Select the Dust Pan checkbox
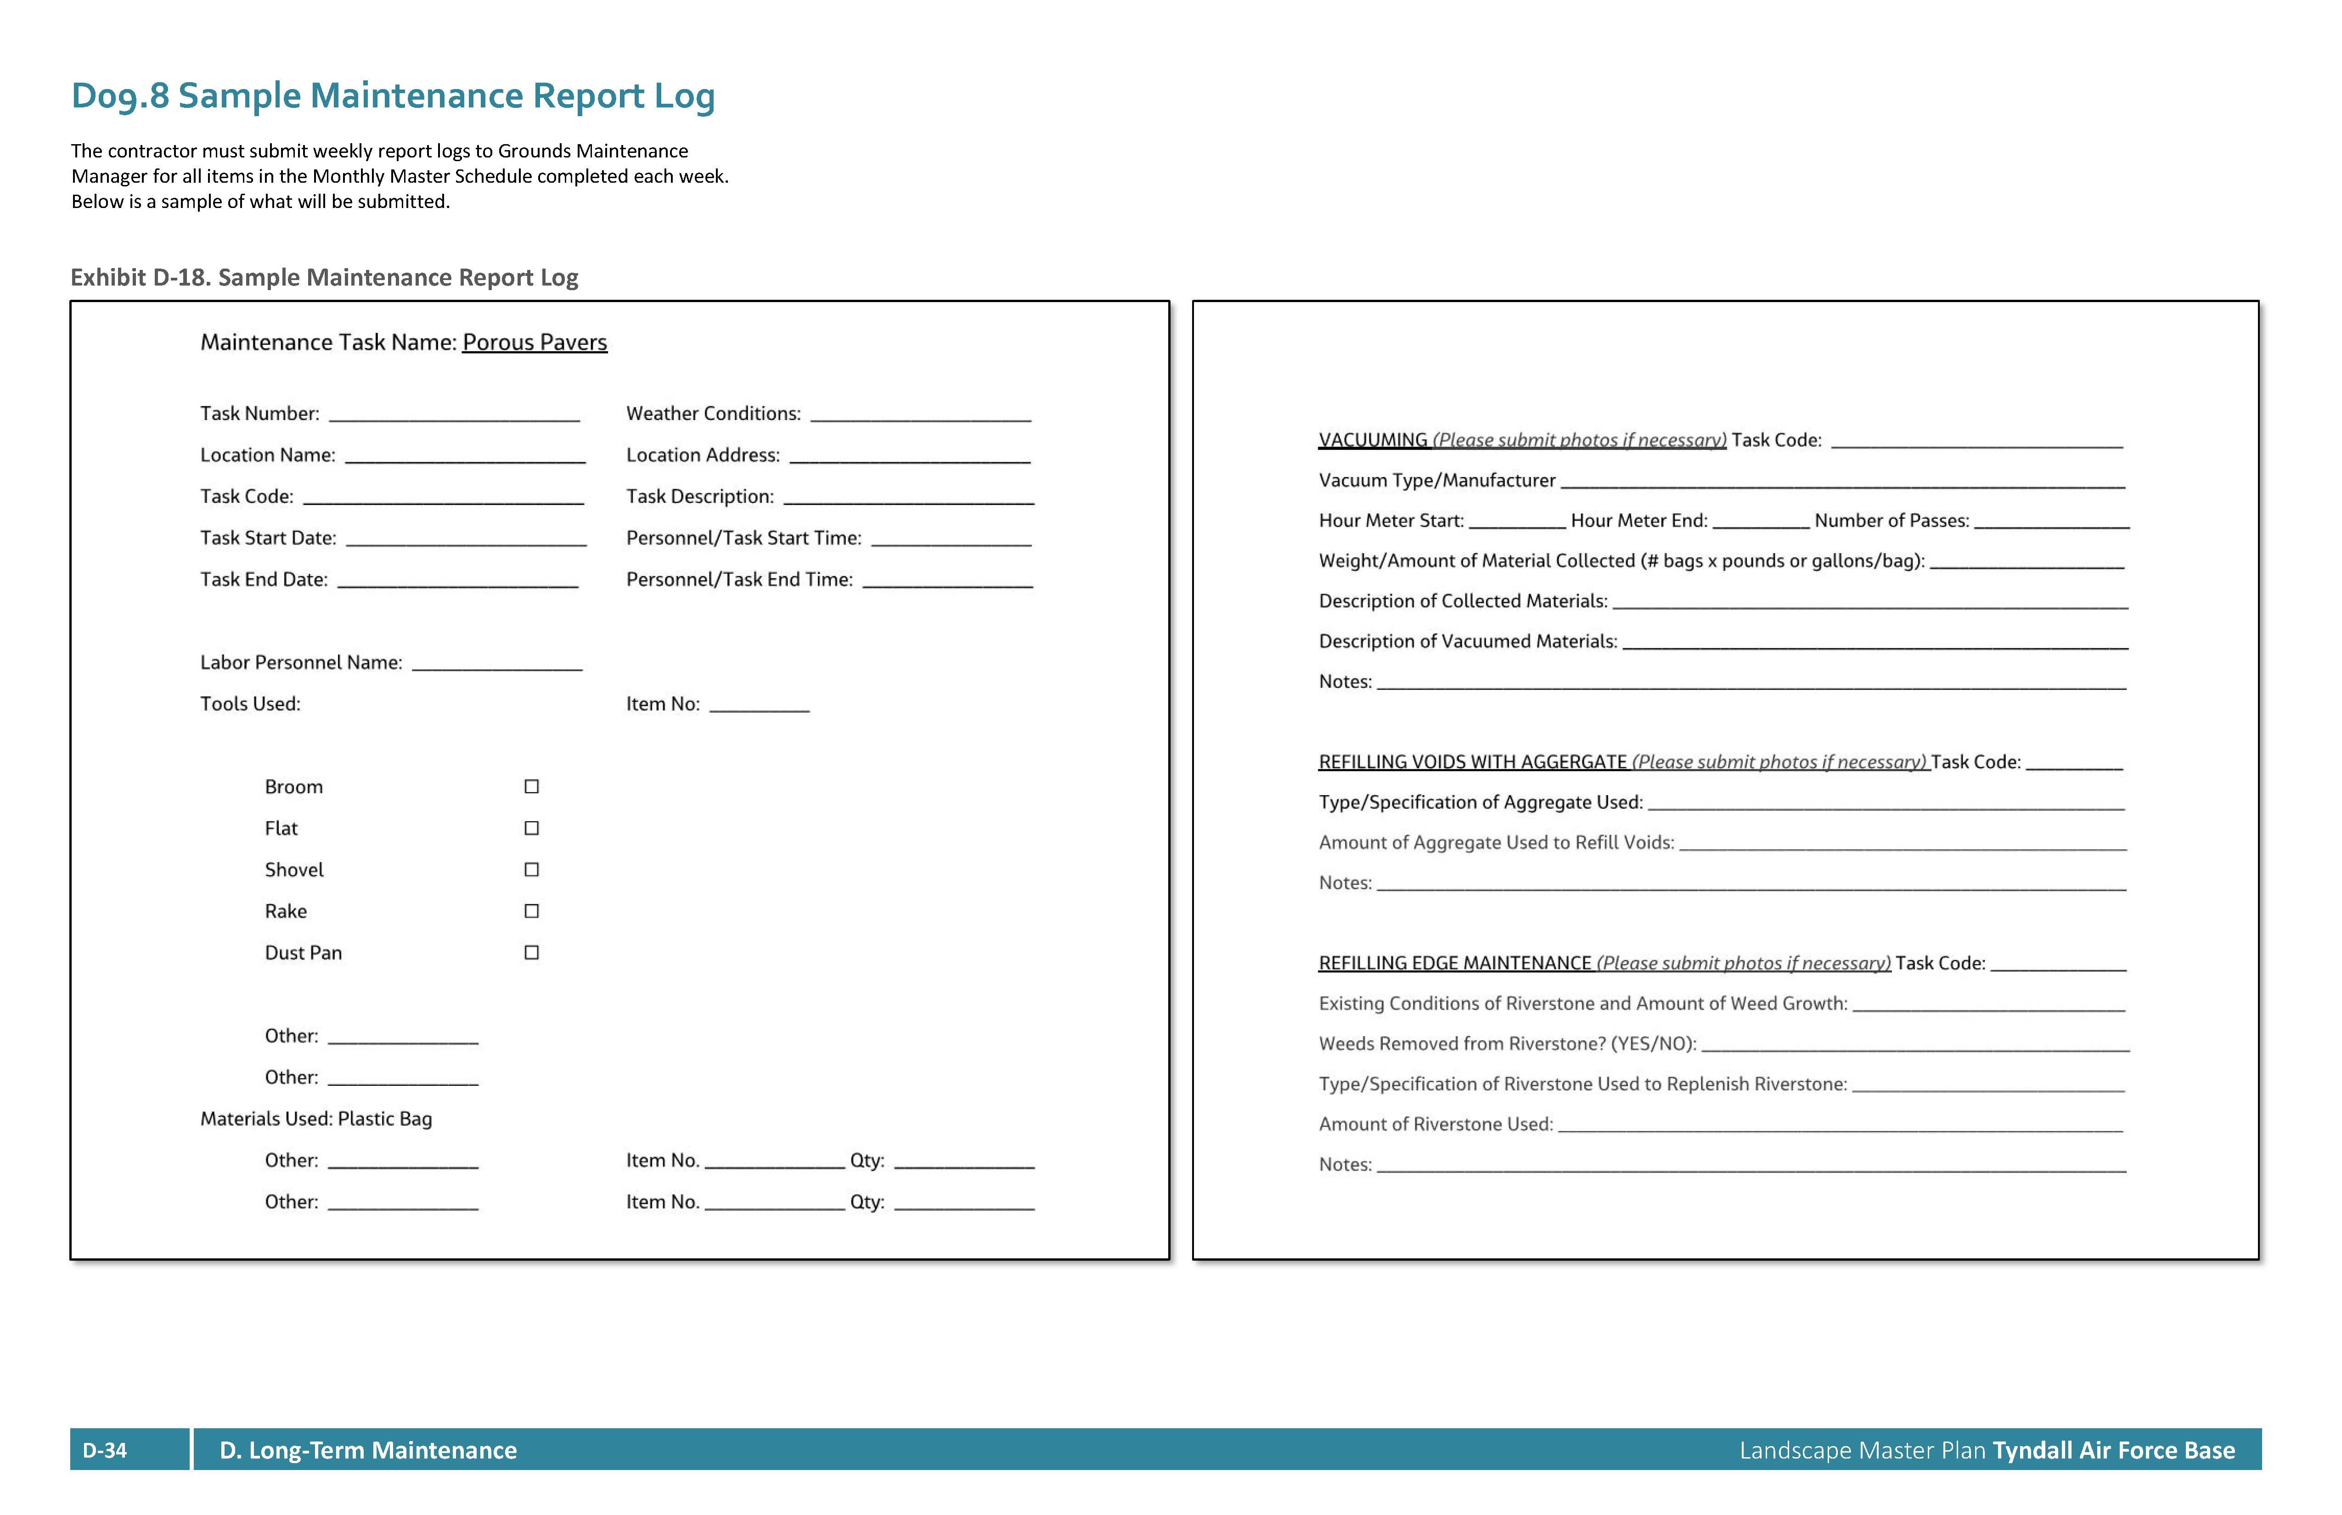tap(531, 952)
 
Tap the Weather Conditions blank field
tap(920, 417)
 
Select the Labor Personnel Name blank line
tap(497, 666)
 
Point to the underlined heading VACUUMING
tap(1373, 440)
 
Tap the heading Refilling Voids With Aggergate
tap(1472, 762)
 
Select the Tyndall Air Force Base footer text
tap(2114, 1450)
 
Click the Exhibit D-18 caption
tap(324, 277)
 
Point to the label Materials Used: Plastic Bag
tap(316, 1118)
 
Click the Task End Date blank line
tap(457, 584)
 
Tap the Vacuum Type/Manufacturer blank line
tap(1842, 484)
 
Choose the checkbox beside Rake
tap(531, 911)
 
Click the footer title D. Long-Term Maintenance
tap(368, 1450)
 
